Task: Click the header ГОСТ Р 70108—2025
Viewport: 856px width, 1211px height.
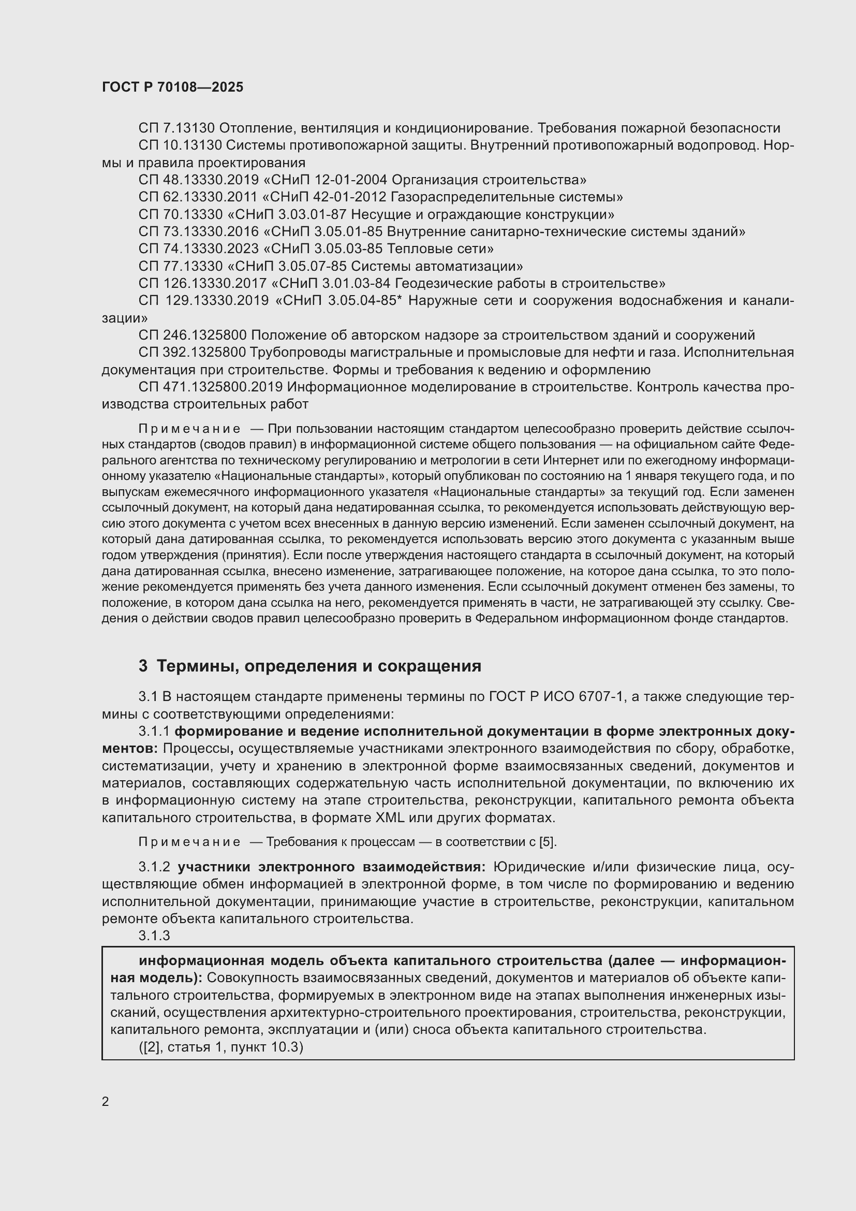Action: (172, 87)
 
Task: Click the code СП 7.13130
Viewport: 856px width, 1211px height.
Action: (176, 128)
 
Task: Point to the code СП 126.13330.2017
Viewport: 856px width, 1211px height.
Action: (202, 284)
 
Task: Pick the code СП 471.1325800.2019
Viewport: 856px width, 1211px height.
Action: (210, 387)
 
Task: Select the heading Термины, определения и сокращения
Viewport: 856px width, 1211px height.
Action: (319, 666)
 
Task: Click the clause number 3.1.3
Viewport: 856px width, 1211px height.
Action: (154, 936)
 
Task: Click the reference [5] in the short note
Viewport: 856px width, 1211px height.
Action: (547, 842)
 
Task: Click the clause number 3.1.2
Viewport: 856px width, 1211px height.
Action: (154, 867)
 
